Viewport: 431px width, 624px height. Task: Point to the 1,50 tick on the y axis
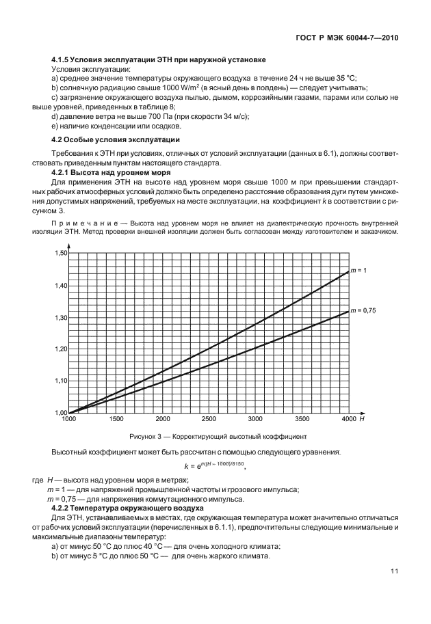[x=60, y=254]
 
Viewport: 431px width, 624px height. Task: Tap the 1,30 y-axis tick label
[x=60, y=317]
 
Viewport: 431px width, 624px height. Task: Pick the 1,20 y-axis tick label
[x=60, y=349]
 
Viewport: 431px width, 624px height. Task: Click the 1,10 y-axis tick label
[x=60, y=381]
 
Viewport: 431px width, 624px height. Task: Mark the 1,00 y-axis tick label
[x=60, y=412]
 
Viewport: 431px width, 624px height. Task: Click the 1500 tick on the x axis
[x=116, y=419]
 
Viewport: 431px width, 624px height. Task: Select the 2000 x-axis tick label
[x=163, y=419]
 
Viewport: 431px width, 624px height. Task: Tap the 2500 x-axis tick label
[x=209, y=419]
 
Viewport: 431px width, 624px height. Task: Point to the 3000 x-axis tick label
[x=255, y=419]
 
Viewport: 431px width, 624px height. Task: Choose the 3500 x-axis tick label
[x=302, y=419]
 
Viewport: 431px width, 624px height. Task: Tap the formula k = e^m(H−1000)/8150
[x=215, y=467]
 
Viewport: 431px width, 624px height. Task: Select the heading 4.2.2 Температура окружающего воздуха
[x=127, y=508]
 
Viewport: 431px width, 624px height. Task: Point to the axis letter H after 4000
[x=362, y=419]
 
